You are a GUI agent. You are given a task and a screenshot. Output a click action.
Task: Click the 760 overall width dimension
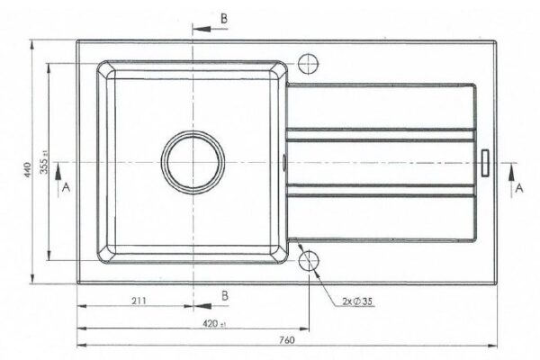(x=287, y=340)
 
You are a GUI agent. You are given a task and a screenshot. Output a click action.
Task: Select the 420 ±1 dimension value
(x=214, y=324)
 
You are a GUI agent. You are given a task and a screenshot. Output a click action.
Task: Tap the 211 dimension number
(x=139, y=301)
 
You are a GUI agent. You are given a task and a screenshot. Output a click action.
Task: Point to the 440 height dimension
(x=27, y=169)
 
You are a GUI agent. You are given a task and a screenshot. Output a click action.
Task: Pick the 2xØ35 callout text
(x=357, y=301)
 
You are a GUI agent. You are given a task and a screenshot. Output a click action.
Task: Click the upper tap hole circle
(x=308, y=64)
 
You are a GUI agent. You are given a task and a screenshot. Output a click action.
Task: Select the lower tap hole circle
(x=309, y=260)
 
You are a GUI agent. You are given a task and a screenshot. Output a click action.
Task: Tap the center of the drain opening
(x=193, y=162)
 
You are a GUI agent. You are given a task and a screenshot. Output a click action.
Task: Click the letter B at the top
(x=224, y=18)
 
